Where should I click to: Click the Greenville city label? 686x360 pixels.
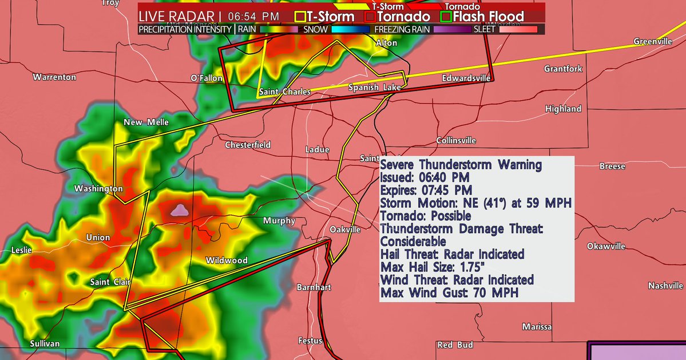[x=653, y=42]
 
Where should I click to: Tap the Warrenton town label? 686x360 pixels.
[x=54, y=77]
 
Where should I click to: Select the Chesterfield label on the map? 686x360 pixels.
[x=248, y=145]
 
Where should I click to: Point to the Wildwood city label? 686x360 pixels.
[x=227, y=260]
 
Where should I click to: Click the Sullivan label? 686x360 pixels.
[x=45, y=343]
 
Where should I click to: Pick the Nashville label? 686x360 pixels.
[x=666, y=286]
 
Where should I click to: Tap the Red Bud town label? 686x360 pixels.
[x=455, y=345]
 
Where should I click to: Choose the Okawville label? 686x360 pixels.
[x=606, y=246]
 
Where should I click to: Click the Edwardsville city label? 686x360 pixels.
[x=466, y=78]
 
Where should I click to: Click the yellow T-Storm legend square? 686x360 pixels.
[x=300, y=17]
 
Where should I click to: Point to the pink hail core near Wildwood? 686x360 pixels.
[x=181, y=211]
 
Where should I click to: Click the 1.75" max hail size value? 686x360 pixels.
[x=470, y=267]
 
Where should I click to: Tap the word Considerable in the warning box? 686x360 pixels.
[x=413, y=242]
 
